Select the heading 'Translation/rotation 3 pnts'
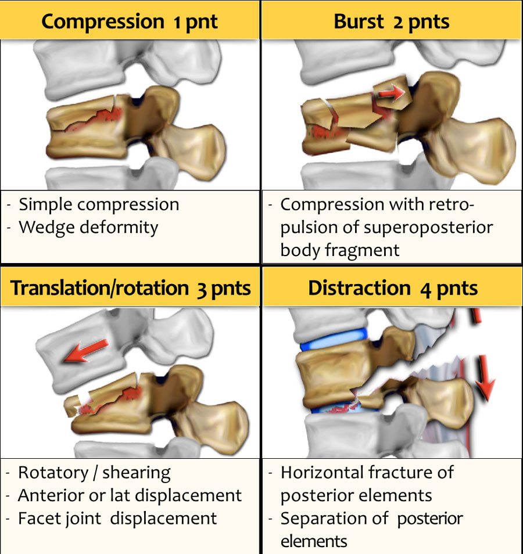pos(131,288)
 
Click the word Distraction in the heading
pos(359,288)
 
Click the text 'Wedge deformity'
pos(88,227)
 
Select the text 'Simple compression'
pos(99,204)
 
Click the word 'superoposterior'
pos(428,227)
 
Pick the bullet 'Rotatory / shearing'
pos(94,473)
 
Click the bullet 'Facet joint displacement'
pos(117,518)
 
